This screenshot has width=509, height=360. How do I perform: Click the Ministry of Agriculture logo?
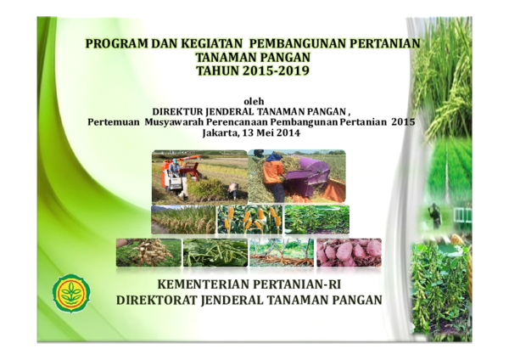pyautogui.click(x=71, y=292)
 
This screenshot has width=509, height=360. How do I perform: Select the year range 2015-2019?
pyautogui.click(x=276, y=70)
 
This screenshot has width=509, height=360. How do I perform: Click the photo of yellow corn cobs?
pyautogui.click(x=249, y=219)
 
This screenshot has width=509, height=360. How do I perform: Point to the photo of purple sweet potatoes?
pyautogui.click(x=349, y=252)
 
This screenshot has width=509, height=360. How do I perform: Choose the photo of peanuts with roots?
pyautogui.click(x=148, y=252)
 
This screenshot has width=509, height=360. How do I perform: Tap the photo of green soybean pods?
pyautogui.click(x=215, y=252)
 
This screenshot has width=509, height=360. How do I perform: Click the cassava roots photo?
pyautogui.click(x=282, y=252)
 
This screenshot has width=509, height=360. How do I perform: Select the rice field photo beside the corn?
pyautogui.click(x=183, y=219)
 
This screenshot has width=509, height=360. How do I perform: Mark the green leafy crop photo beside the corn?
pyautogui.click(x=316, y=219)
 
